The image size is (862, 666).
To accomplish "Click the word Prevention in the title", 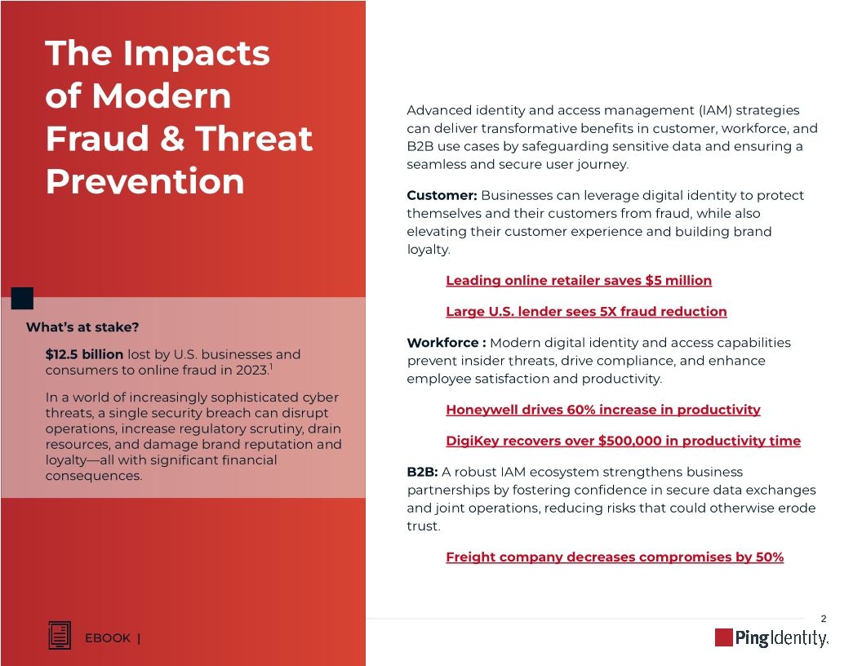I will (144, 181).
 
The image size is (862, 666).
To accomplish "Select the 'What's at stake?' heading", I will (82, 327).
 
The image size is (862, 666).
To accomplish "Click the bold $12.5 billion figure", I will (85, 354).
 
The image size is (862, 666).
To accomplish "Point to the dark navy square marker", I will (22, 298).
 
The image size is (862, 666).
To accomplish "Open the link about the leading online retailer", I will (578, 281).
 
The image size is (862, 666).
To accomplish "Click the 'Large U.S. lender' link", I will (585, 312).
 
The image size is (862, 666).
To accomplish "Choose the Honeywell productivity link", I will (602, 410).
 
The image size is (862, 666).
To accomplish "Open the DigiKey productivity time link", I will (622, 441).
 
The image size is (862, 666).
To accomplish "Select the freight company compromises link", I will (614, 557).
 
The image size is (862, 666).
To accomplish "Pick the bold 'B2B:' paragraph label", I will (422, 472).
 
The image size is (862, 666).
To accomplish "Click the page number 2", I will (823, 619).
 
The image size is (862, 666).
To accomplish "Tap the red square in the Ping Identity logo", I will (723, 637).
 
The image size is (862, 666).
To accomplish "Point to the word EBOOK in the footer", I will (108, 638).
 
